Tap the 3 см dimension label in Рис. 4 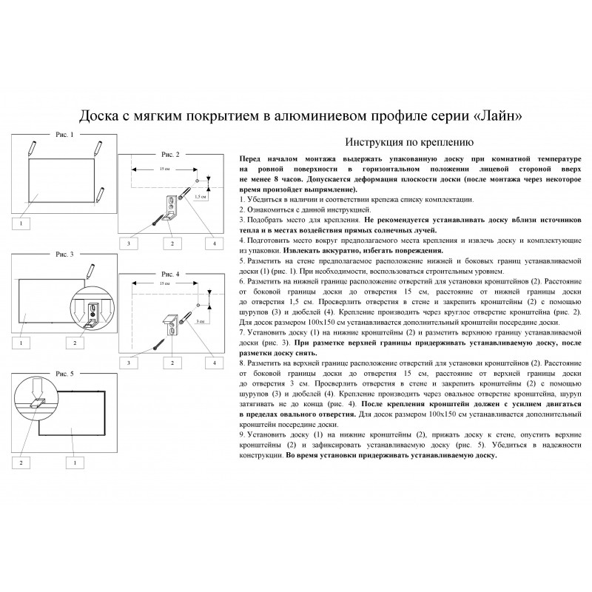click(x=199, y=322)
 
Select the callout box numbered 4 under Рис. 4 click(x=215, y=363)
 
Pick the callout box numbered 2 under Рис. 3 click(x=74, y=343)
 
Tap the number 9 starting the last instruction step click(x=243, y=436)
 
